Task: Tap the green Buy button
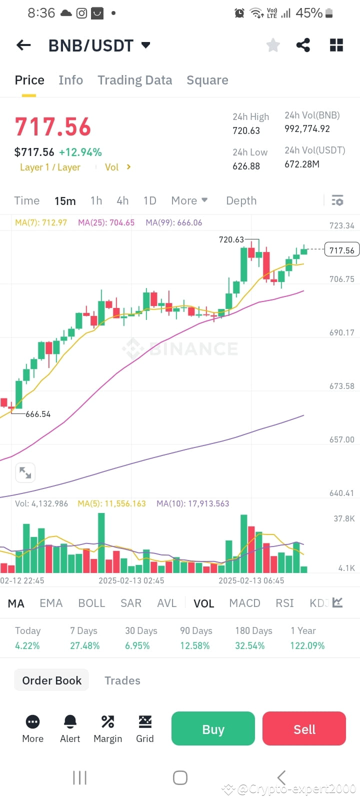[x=213, y=729]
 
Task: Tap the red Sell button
[x=304, y=729]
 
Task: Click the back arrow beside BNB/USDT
[x=23, y=45]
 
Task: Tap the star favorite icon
[x=273, y=45]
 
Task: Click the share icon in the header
[x=303, y=45]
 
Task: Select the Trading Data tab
[x=134, y=80]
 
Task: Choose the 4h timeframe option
[x=122, y=200]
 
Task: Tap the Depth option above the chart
[x=241, y=200]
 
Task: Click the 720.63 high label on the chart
[x=231, y=239]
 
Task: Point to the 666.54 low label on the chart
[x=38, y=414]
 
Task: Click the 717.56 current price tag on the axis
[x=342, y=250]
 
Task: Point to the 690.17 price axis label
[x=342, y=332]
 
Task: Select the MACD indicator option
[x=244, y=603]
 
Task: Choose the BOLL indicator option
[x=91, y=603]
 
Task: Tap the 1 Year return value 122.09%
[x=307, y=645]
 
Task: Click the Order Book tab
[x=51, y=680]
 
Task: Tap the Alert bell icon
[x=70, y=722]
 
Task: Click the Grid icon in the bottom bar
[x=145, y=722]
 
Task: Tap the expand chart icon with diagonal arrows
[x=25, y=472]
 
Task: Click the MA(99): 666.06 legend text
[x=173, y=222]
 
